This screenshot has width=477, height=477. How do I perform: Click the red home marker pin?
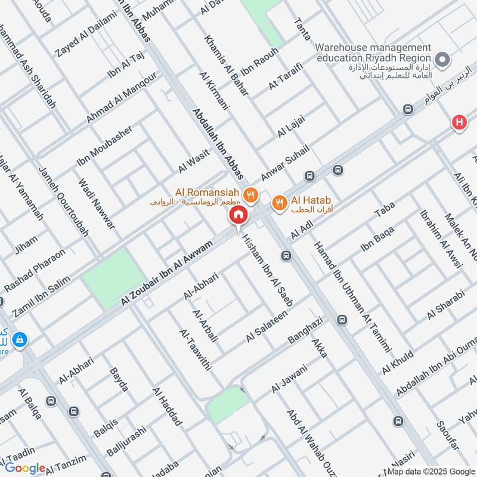[x=238, y=215]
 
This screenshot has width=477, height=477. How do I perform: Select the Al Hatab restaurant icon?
[x=278, y=203]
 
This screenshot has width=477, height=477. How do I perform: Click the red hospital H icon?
[x=459, y=122]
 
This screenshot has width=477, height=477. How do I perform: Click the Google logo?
[x=25, y=468]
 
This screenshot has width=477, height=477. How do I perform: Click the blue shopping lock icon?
[x=20, y=339]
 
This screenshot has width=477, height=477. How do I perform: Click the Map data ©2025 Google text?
[x=432, y=469]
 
